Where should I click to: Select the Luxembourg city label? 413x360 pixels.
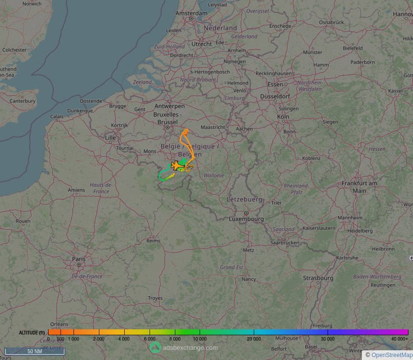click(246, 219)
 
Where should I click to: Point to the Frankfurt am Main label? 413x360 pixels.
click(360, 187)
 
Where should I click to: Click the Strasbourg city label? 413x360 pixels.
click(318, 278)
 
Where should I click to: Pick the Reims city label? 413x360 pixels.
click(153, 241)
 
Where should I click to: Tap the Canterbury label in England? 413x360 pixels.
click(23, 101)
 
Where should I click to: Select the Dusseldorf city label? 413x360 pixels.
click(275, 96)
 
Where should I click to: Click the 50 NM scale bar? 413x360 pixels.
click(34, 351)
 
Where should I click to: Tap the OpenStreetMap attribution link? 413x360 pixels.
click(392, 355)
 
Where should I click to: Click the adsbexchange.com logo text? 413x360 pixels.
click(190, 347)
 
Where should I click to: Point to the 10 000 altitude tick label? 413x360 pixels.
click(200, 339)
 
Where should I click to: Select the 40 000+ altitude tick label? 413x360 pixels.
click(399, 339)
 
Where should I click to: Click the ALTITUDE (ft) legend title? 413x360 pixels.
click(32, 333)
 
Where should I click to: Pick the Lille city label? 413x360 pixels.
click(110, 138)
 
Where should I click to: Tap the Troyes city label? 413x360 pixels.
click(155, 298)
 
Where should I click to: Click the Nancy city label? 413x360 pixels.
click(248, 279)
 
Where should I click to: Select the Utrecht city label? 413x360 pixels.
click(202, 44)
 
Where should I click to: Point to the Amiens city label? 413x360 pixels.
click(76, 190)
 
